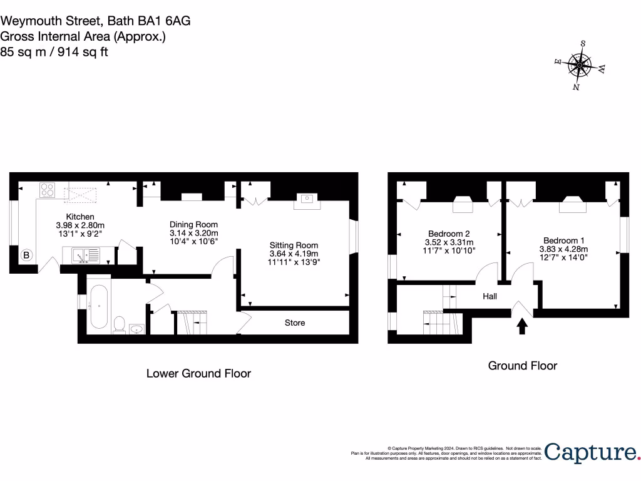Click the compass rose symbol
tap(580, 65)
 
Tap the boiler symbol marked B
tap(27, 255)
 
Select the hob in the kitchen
tap(48, 189)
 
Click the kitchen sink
tap(85, 256)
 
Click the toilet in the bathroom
tap(119, 324)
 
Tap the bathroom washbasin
tap(137, 328)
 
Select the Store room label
tap(295, 323)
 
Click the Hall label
tap(490, 296)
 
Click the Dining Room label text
tap(193, 224)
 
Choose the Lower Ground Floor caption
tap(198, 373)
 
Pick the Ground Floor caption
tap(522, 365)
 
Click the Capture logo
tap(591, 452)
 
